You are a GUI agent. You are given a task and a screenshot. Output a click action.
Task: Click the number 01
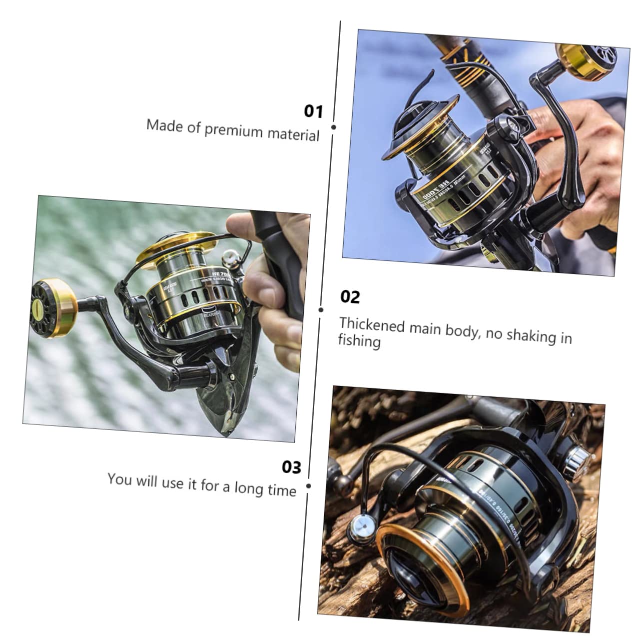point(313,111)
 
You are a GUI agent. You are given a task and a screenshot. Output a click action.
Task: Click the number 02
point(350,297)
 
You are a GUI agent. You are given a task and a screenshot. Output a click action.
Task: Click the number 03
point(291,467)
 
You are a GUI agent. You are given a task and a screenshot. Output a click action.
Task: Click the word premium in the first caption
point(233,130)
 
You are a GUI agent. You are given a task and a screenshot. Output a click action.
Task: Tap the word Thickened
point(372,325)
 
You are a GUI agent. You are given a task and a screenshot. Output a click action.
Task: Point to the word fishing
point(359,342)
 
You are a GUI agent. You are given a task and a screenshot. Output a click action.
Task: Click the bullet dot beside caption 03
point(308,486)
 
